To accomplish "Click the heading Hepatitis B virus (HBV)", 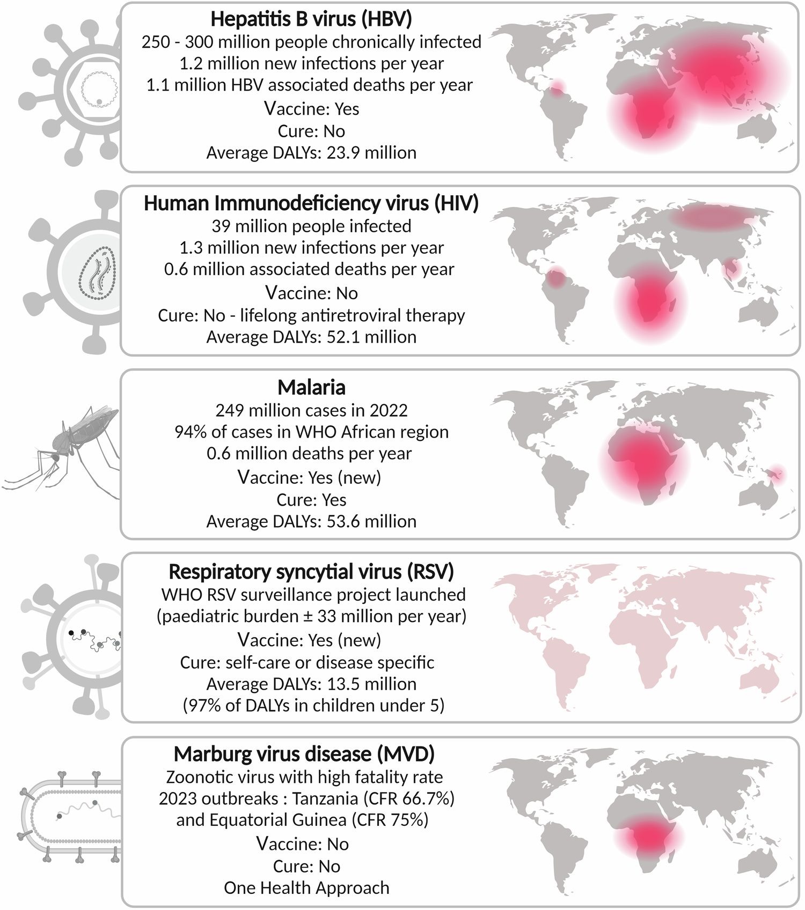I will pyautogui.click(x=311, y=19).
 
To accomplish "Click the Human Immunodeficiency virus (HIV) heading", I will pyautogui.click(x=311, y=204).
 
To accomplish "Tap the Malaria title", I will pyautogui.click(x=311, y=387).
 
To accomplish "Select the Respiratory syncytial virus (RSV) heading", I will pyautogui.click(x=311, y=572).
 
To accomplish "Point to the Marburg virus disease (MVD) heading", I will pyautogui.click(x=304, y=754).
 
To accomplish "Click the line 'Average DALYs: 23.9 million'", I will pyautogui.click(x=311, y=153).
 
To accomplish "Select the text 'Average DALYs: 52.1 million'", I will pyautogui.click(x=311, y=337).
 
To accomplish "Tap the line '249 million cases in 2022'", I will pyautogui.click(x=311, y=410).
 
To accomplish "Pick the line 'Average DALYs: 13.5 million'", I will pyautogui.click(x=311, y=684).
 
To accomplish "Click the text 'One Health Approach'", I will pyautogui.click(x=306, y=887).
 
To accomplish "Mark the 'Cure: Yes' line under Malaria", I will pyautogui.click(x=311, y=500).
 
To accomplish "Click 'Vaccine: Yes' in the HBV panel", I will pyautogui.click(x=311, y=109).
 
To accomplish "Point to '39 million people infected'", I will pyautogui.click(x=311, y=226).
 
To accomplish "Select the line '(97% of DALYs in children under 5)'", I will pyautogui.click(x=313, y=705).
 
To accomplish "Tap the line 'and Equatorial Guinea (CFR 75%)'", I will pyautogui.click(x=302, y=820).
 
